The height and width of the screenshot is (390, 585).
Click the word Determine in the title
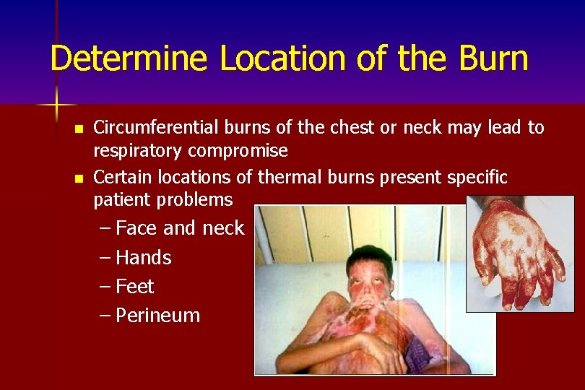coord(131,59)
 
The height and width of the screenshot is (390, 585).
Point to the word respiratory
coord(138,151)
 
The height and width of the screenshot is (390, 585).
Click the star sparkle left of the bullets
coord(57,105)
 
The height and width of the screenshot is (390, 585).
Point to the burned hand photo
coord(514,253)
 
